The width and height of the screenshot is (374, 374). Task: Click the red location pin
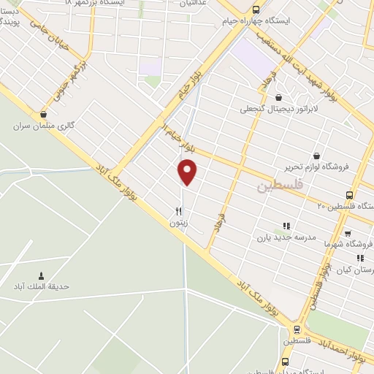[188, 172]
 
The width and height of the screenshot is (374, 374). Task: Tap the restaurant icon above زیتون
[178, 210]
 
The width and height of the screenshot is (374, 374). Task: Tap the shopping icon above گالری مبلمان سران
[44, 114]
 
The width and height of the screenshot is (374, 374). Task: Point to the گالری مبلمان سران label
[45, 126]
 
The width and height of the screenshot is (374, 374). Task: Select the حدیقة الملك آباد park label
[44, 287]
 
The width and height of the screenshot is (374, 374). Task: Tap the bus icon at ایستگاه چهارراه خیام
[255, 10]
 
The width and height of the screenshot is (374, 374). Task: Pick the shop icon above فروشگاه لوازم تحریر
[316, 155]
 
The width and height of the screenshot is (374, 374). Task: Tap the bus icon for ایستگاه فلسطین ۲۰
[349, 195]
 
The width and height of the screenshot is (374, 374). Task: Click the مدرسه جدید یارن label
[285, 237]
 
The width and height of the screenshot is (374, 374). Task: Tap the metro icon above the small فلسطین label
[297, 329]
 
